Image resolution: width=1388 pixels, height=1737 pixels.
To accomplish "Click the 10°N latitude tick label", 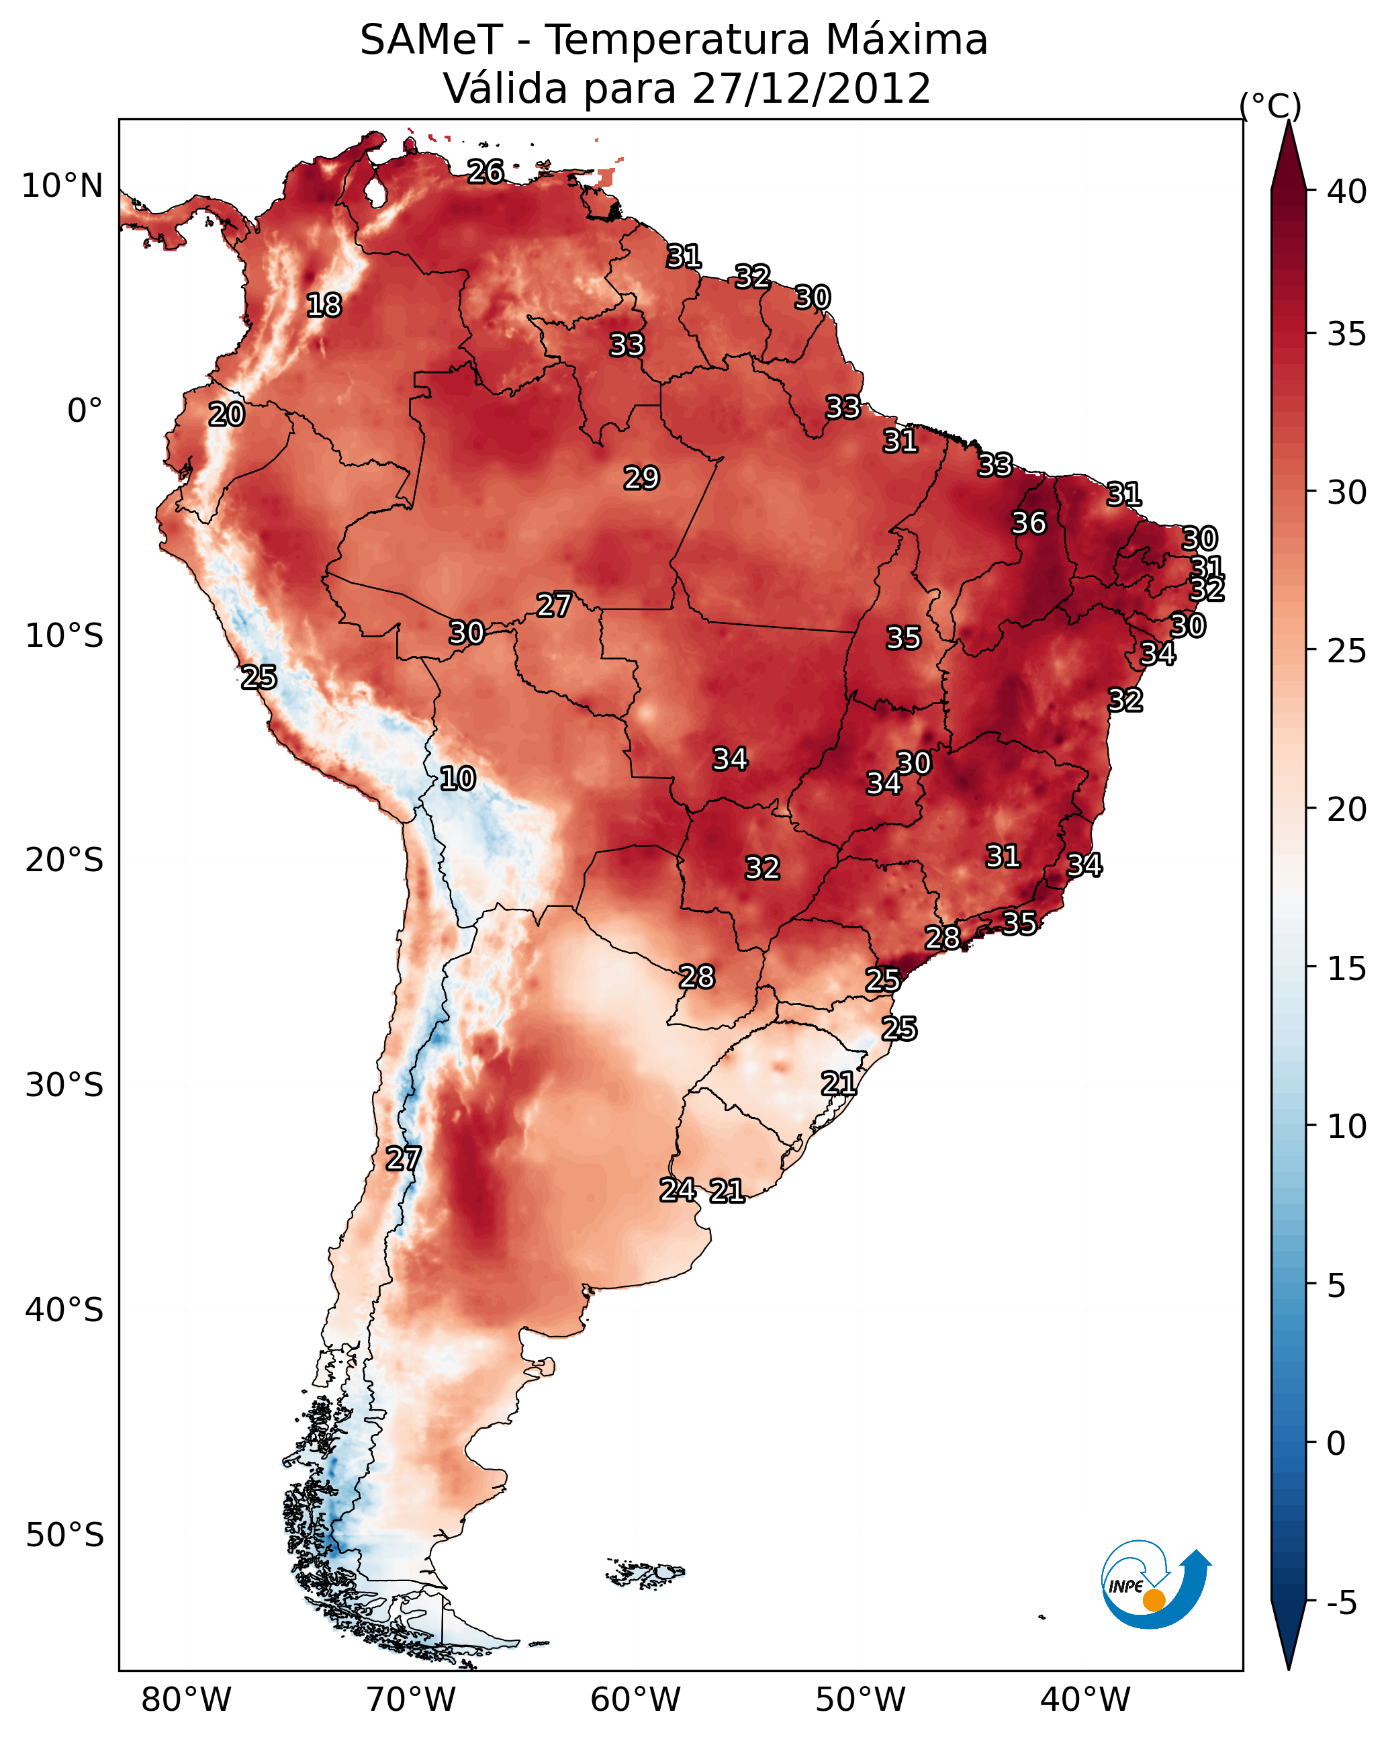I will coord(62,186).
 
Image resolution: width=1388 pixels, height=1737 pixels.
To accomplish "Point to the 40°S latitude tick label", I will coord(64,1310).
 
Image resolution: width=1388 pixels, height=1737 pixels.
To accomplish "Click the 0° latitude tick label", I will coord(85,411).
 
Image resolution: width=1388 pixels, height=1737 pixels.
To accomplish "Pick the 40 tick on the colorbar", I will coord(1347,191).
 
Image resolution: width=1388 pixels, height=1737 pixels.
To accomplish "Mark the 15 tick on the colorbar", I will coord(1347,969).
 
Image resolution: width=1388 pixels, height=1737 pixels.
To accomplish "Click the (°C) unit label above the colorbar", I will coord(1270,105).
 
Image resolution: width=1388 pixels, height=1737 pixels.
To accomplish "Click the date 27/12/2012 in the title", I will coord(811,89).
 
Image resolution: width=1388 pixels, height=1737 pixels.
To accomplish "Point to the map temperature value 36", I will coord(1029,523).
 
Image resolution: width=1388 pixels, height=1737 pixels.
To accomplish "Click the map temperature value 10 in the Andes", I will coord(457,778).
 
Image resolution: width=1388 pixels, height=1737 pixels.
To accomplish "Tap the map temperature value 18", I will coord(324,306).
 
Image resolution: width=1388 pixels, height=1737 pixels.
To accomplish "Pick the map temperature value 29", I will coord(641,478).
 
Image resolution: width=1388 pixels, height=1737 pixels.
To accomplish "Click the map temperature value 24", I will coord(678,1190).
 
